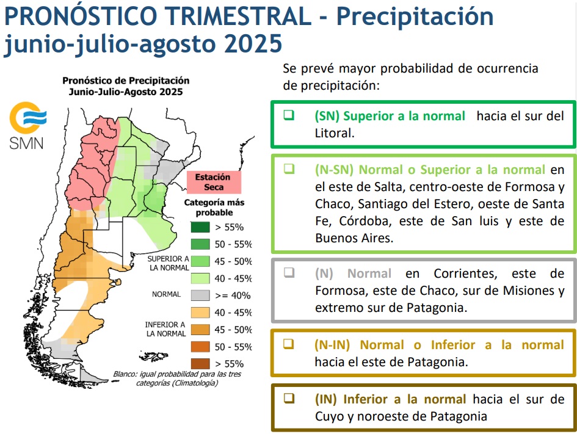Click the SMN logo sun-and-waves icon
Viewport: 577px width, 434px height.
[27, 118]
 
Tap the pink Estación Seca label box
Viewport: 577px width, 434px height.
[214, 182]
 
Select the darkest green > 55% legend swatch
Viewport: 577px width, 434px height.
[200, 227]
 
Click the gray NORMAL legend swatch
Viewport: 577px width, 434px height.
[200, 295]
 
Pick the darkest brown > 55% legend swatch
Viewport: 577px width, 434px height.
[200, 364]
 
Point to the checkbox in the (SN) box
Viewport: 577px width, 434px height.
[289, 115]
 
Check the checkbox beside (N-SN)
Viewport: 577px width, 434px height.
[289, 169]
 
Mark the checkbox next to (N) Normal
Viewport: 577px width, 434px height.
[289, 272]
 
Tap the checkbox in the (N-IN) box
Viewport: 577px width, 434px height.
[288, 344]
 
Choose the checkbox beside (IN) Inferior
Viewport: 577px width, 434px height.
[289, 399]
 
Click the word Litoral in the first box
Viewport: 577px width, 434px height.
[335, 133]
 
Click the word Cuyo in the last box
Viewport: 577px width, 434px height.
[328, 417]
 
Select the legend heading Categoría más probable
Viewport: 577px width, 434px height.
[214, 208]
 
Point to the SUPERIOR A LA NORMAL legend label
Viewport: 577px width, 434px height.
[169, 263]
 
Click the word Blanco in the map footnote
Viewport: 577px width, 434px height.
[125, 374]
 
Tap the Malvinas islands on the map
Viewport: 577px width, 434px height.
[153, 356]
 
